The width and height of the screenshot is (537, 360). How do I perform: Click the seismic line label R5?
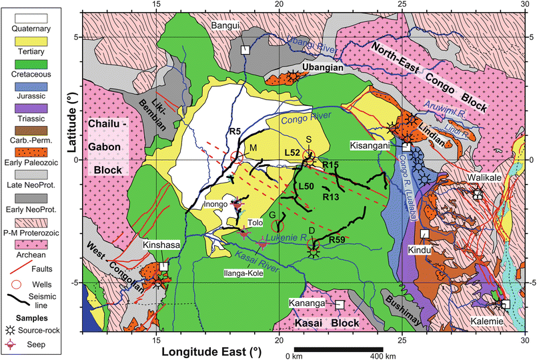[x=233, y=131]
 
